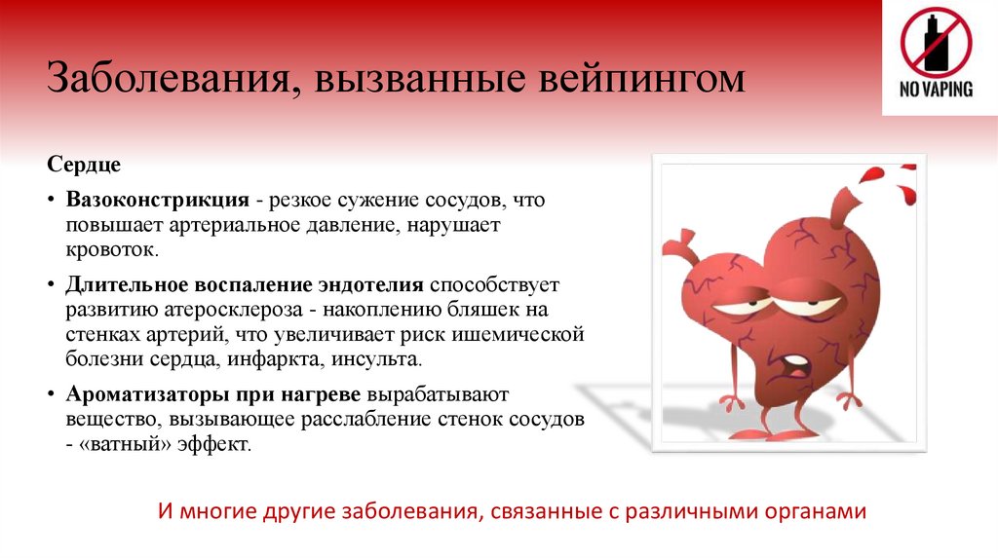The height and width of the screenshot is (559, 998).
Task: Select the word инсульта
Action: pos(387,359)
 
